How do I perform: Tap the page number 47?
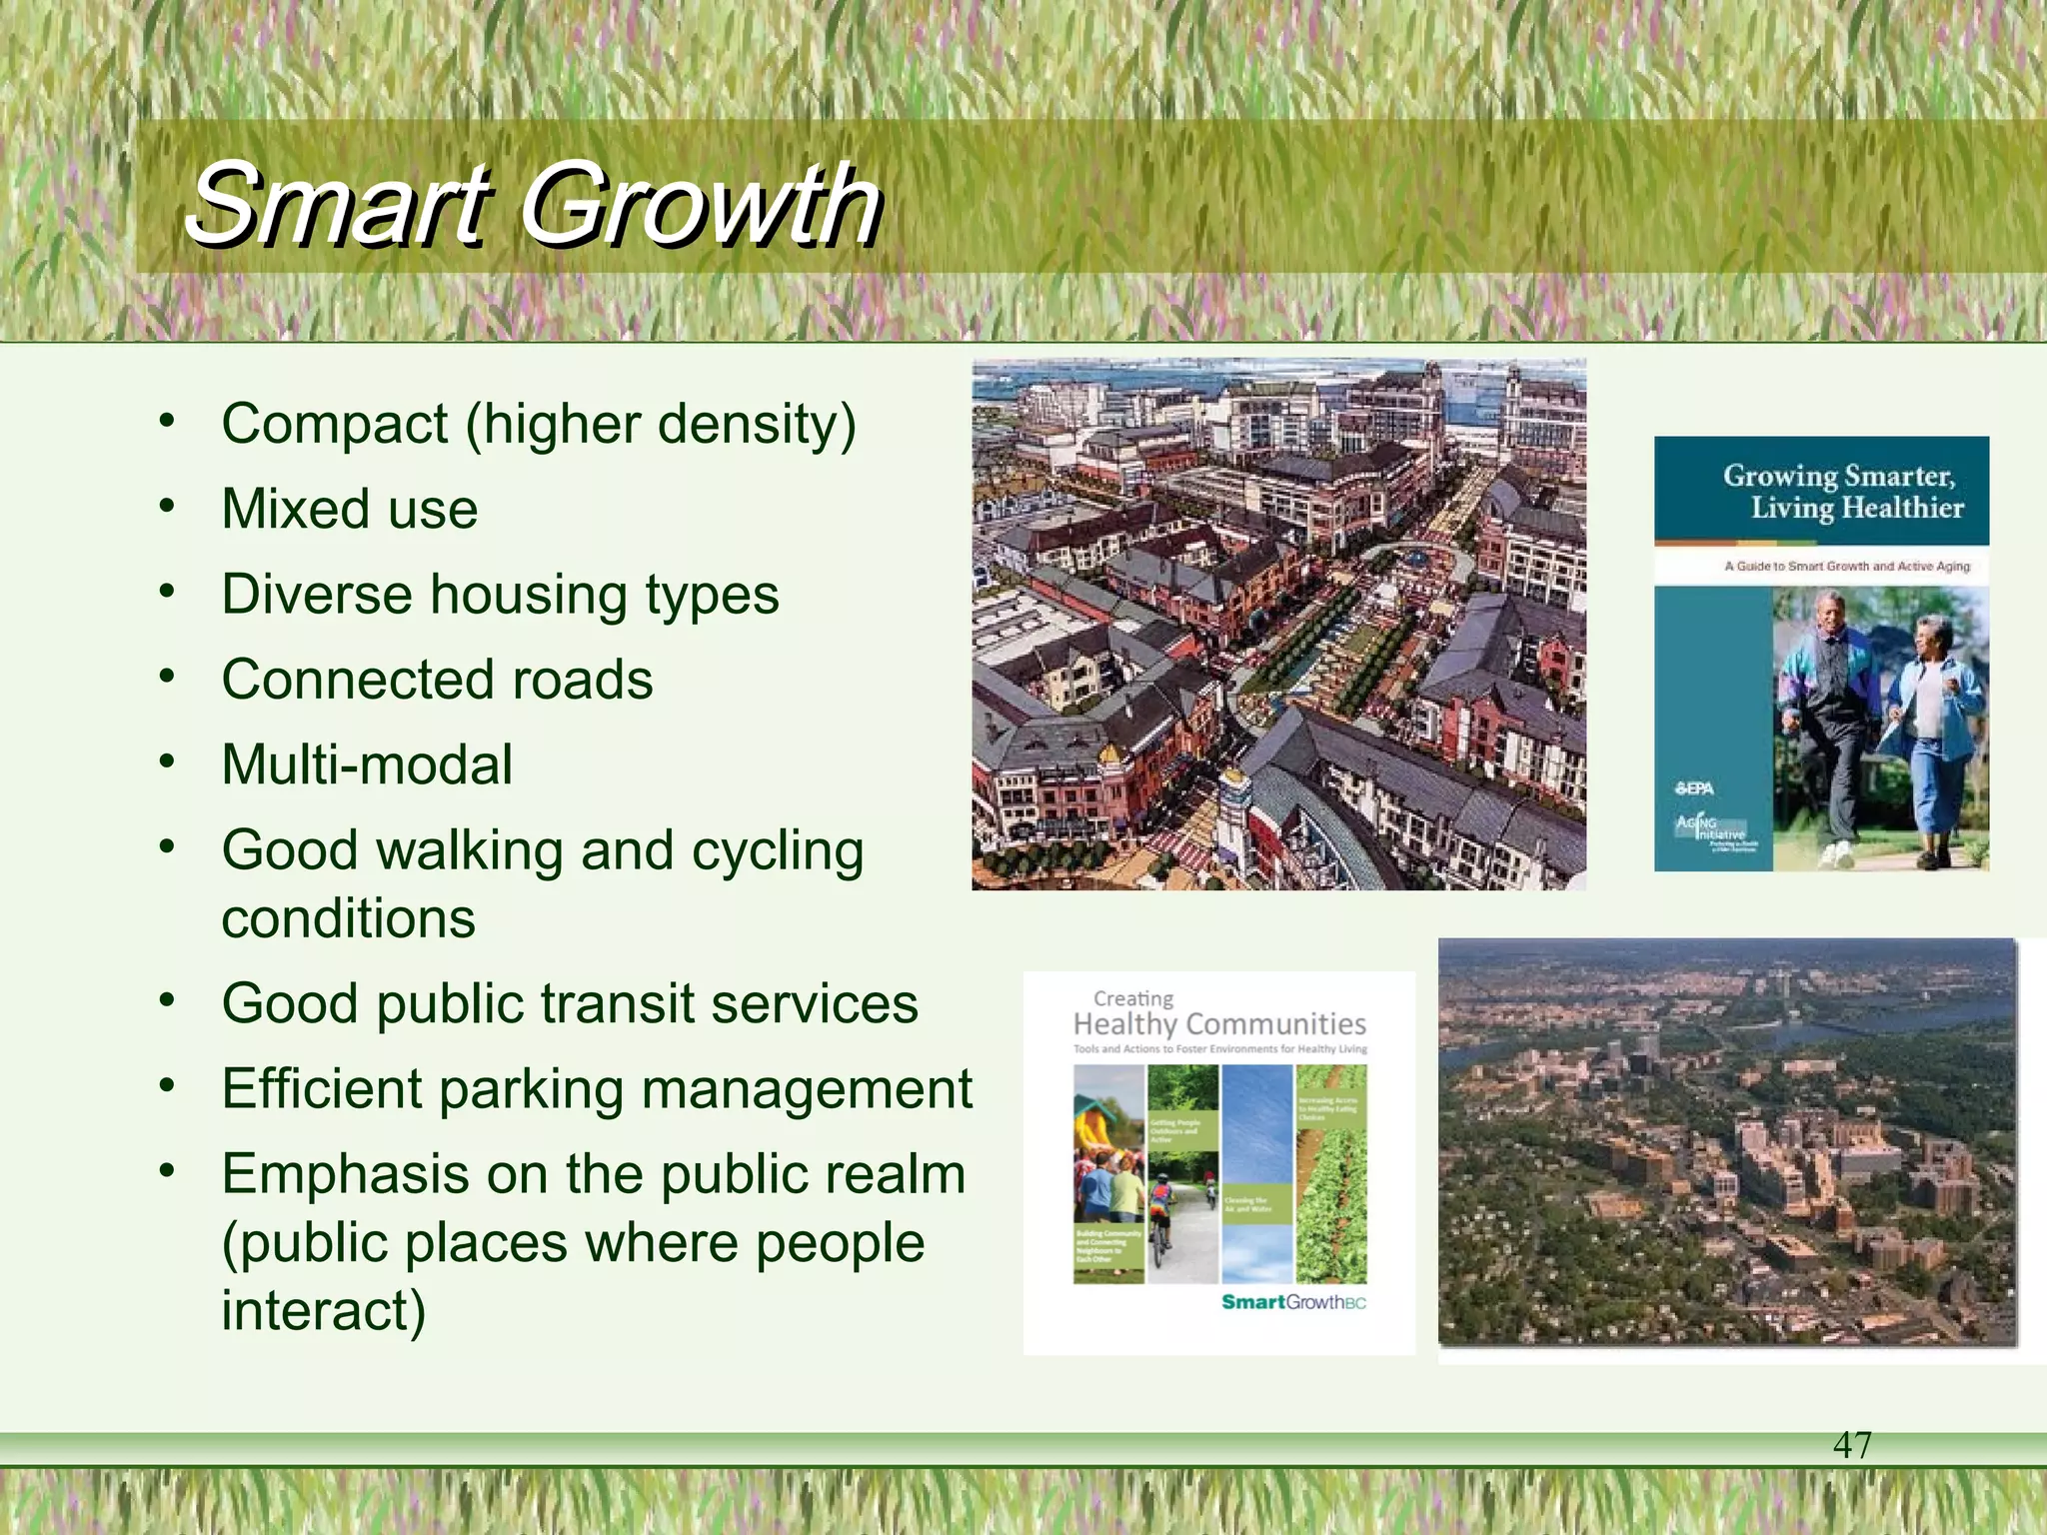click(x=1852, y=1445)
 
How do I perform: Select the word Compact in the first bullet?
click(x=334, y=425)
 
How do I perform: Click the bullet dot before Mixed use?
click(x=167, y=506)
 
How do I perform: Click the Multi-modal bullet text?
click(x=367, y=766)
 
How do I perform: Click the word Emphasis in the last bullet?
click(x=345, y=1174)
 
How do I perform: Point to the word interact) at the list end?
click(x=323, y=1311)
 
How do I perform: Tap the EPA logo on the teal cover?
click(x=1694, y=788)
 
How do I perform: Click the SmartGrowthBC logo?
click(x=1292, y=1302)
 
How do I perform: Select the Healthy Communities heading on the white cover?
click(x=1218, y=1024)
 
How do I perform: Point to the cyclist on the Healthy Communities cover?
click(x=1160, y=1219)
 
